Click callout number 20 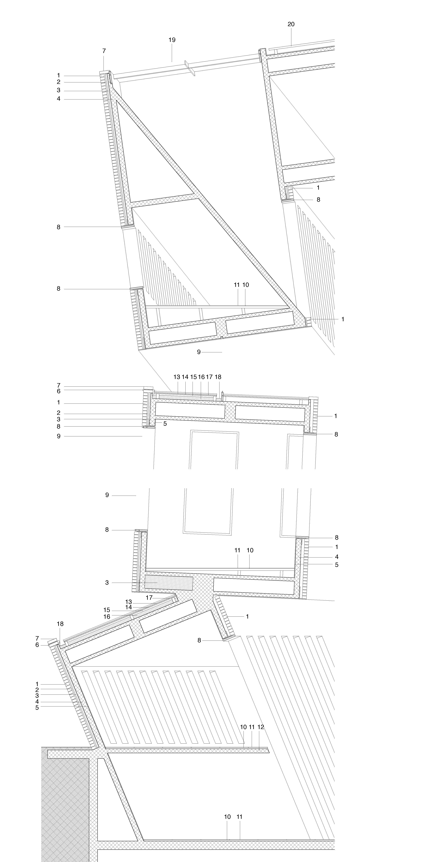pyautogui.click(x=291, y=24)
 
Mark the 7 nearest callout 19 pyautogui.click(x=104, y=51)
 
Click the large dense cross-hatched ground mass pyautogui.click(x=65, y=803)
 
